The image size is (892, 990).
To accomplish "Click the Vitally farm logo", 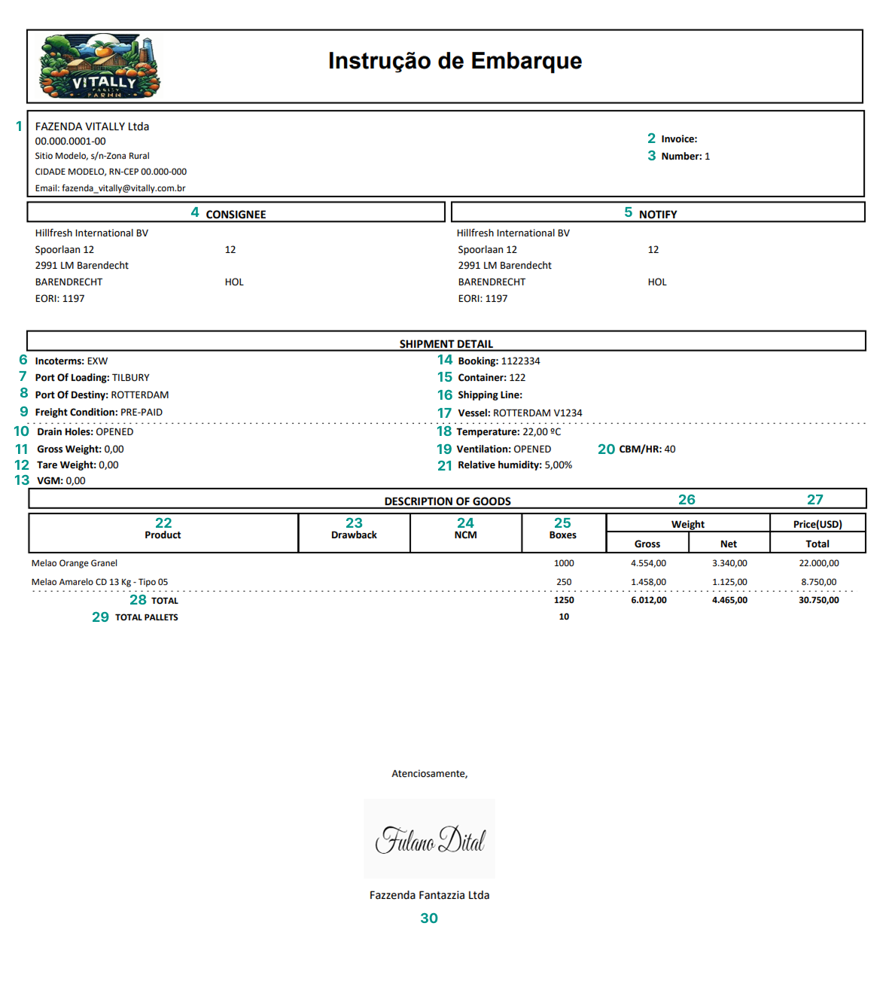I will pyautogui.click(x=99, y=67).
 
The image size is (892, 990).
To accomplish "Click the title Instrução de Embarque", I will pyautogui.click(x=455, y=61).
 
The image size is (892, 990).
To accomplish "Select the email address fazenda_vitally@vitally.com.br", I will pyautogui.click(x=123, y=188).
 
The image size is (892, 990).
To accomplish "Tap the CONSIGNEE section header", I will pyautogui.click(x=236, y=215).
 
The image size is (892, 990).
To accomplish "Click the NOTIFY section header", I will pyautogui.click(x=658, y=215).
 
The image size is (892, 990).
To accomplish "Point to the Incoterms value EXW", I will pyautogui.click(x=98, y=361).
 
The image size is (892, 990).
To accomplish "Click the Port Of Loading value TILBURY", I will pyautogui.click(x=131, y=378).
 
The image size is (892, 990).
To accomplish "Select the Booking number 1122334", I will pyautogui.click(x=520, y=361).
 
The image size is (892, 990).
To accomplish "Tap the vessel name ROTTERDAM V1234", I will pyautogui.click(x=537, y=413).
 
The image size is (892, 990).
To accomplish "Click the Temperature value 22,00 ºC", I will pyautogui.click(x=541, y=432).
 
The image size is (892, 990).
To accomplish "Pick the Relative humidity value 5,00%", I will pyautogui.click(x=558, y=465).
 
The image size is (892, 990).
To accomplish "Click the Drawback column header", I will pyautogui.click(x=354, y=535).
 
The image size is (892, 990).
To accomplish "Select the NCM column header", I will pyautogui.click(x=465, y=535).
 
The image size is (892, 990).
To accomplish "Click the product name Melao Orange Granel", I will pyautogui.click(x=75, y=563).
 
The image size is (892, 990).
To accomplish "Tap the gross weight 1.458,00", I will pyautogui.click(x=648, y=582).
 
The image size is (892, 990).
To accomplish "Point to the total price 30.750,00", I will pyautogui.click(x=818, y=600).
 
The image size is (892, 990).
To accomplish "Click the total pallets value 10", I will pyautogui.click(x=564, y=617).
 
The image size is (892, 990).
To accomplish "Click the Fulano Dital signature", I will pyautogui.click(x=430, y=839).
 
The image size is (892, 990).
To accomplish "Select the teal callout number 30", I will pyautogui.click(x=429, y=918).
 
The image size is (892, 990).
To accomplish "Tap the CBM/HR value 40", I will pyautogui.click(x=670, y=449).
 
